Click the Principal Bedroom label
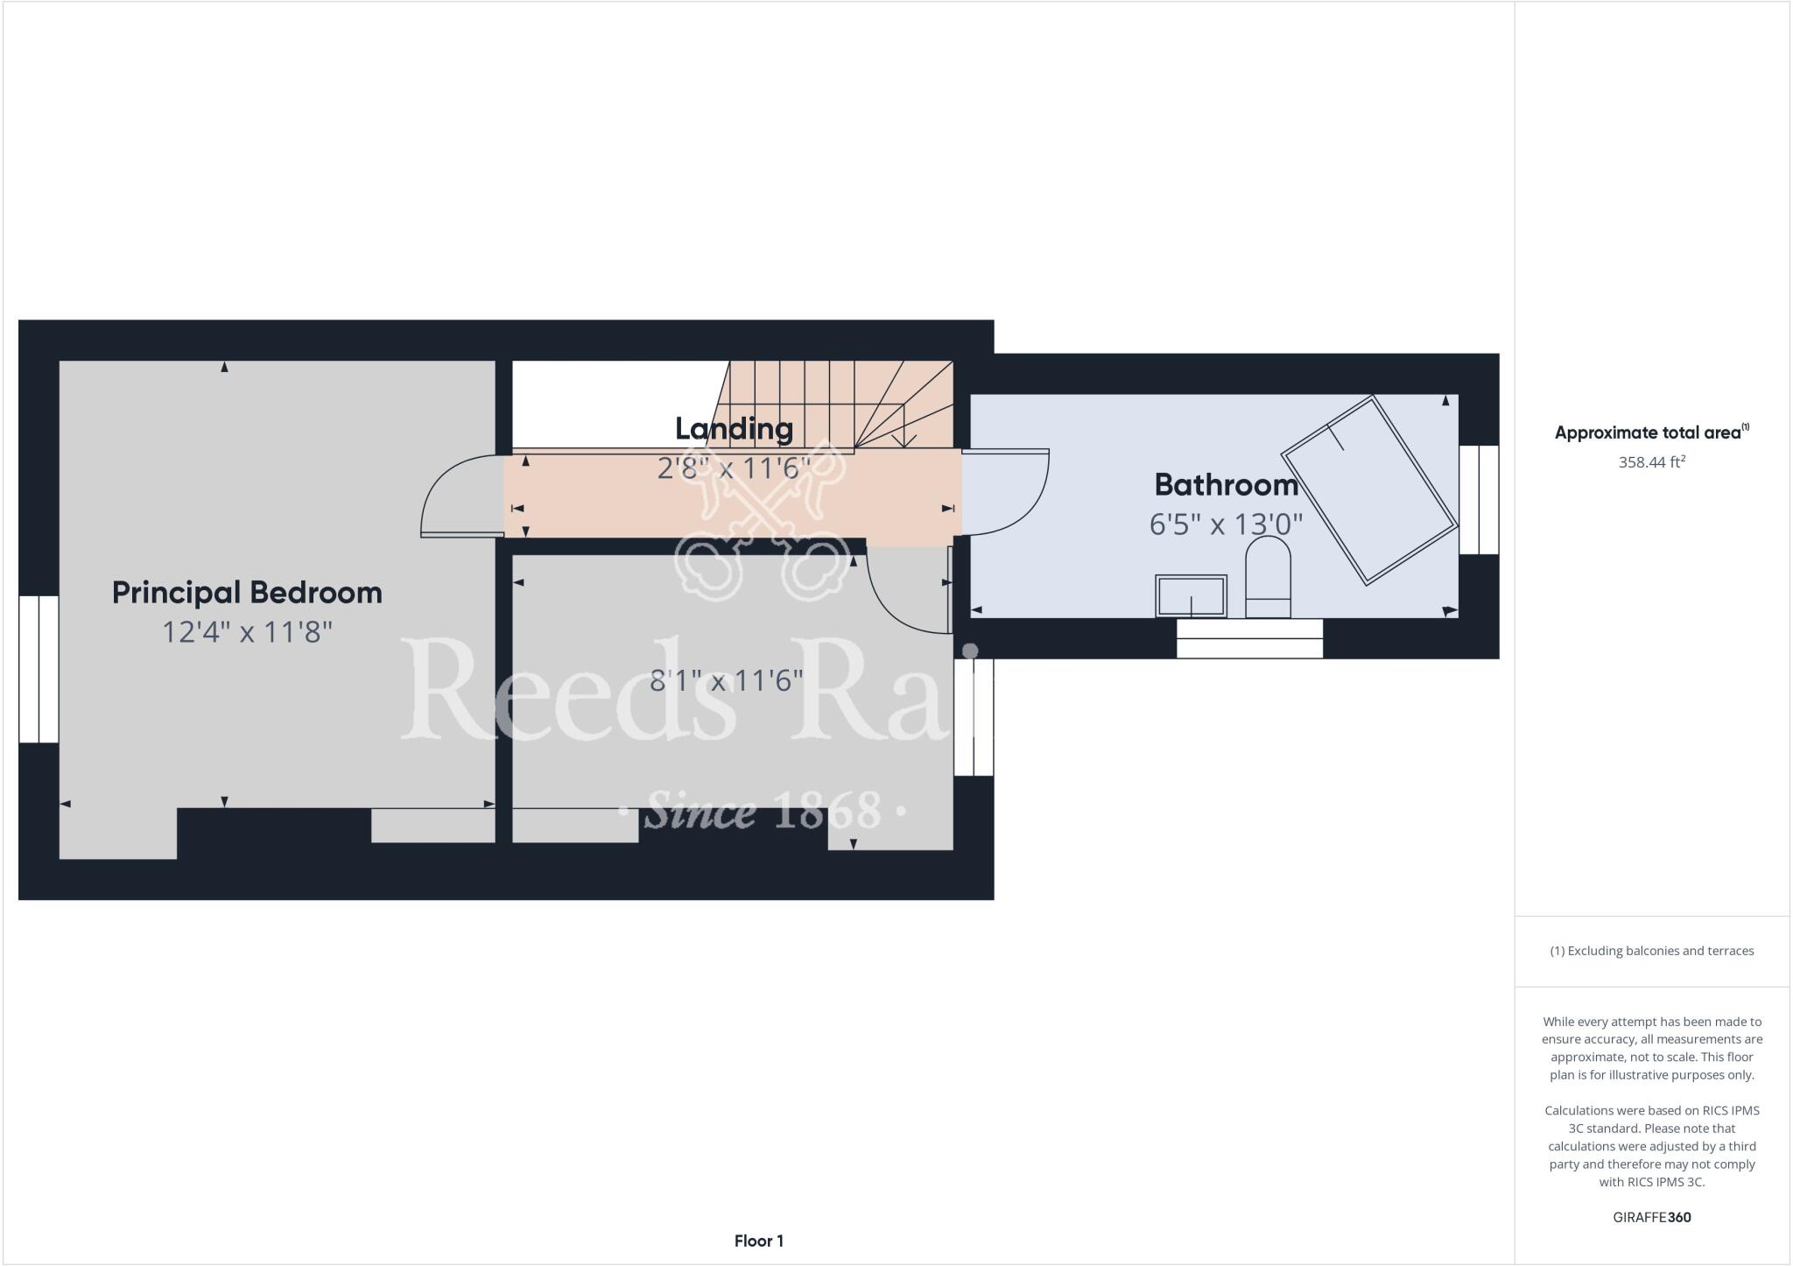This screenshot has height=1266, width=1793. [x=247, y=593]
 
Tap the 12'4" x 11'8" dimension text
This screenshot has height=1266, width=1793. [x=247, y=632]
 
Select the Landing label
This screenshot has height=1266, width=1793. [x=734, y=429]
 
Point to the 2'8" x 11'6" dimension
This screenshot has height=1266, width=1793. [x=728, y=468]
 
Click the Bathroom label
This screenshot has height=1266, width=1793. [x=1226, y=485]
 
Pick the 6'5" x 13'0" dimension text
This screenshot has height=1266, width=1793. [x=1226, y=524]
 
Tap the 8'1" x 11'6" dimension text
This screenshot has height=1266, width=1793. [x=726, y=680]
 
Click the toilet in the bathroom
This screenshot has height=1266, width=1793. [x=1268, y=577]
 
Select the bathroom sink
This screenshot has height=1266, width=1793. [x=1191, y=596]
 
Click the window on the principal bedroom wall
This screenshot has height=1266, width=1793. [x=39, y=669]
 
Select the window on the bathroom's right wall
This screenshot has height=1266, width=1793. [x=1479, y=499]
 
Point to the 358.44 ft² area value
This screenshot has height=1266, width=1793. [x=1651, y=462]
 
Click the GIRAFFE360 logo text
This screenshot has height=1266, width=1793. [x=1651, y=1217]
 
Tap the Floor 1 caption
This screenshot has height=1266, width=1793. [x=759, y=1241]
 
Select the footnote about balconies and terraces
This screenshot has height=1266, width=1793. [x=1651, y=951]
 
